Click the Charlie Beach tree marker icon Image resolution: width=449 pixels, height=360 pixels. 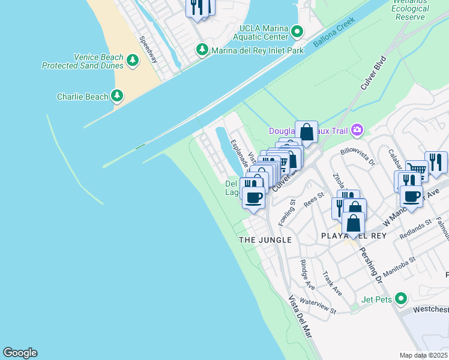tap(117, 96)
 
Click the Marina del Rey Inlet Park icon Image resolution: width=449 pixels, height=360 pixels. tap(203, 50)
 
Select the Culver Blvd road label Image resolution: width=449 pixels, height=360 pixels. tap(372, 75)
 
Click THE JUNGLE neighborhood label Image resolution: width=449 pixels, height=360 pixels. tap(265, 240)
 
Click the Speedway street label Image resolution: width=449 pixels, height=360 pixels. tap(148, 50)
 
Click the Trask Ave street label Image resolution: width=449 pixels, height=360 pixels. tap(331, 283)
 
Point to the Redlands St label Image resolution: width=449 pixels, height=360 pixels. tap(415, 229)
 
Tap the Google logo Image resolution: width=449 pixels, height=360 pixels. tap(20, 353)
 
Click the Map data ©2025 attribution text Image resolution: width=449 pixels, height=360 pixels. tap(423, 355)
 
